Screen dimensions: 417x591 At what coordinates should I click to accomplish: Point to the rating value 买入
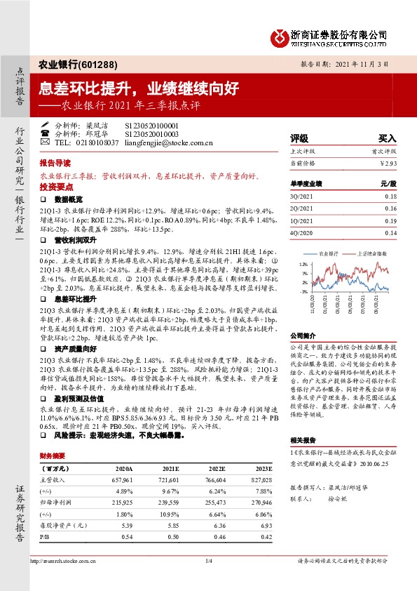point(387,138)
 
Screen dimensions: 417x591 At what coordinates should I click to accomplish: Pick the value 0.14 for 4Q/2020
point(390,233)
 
